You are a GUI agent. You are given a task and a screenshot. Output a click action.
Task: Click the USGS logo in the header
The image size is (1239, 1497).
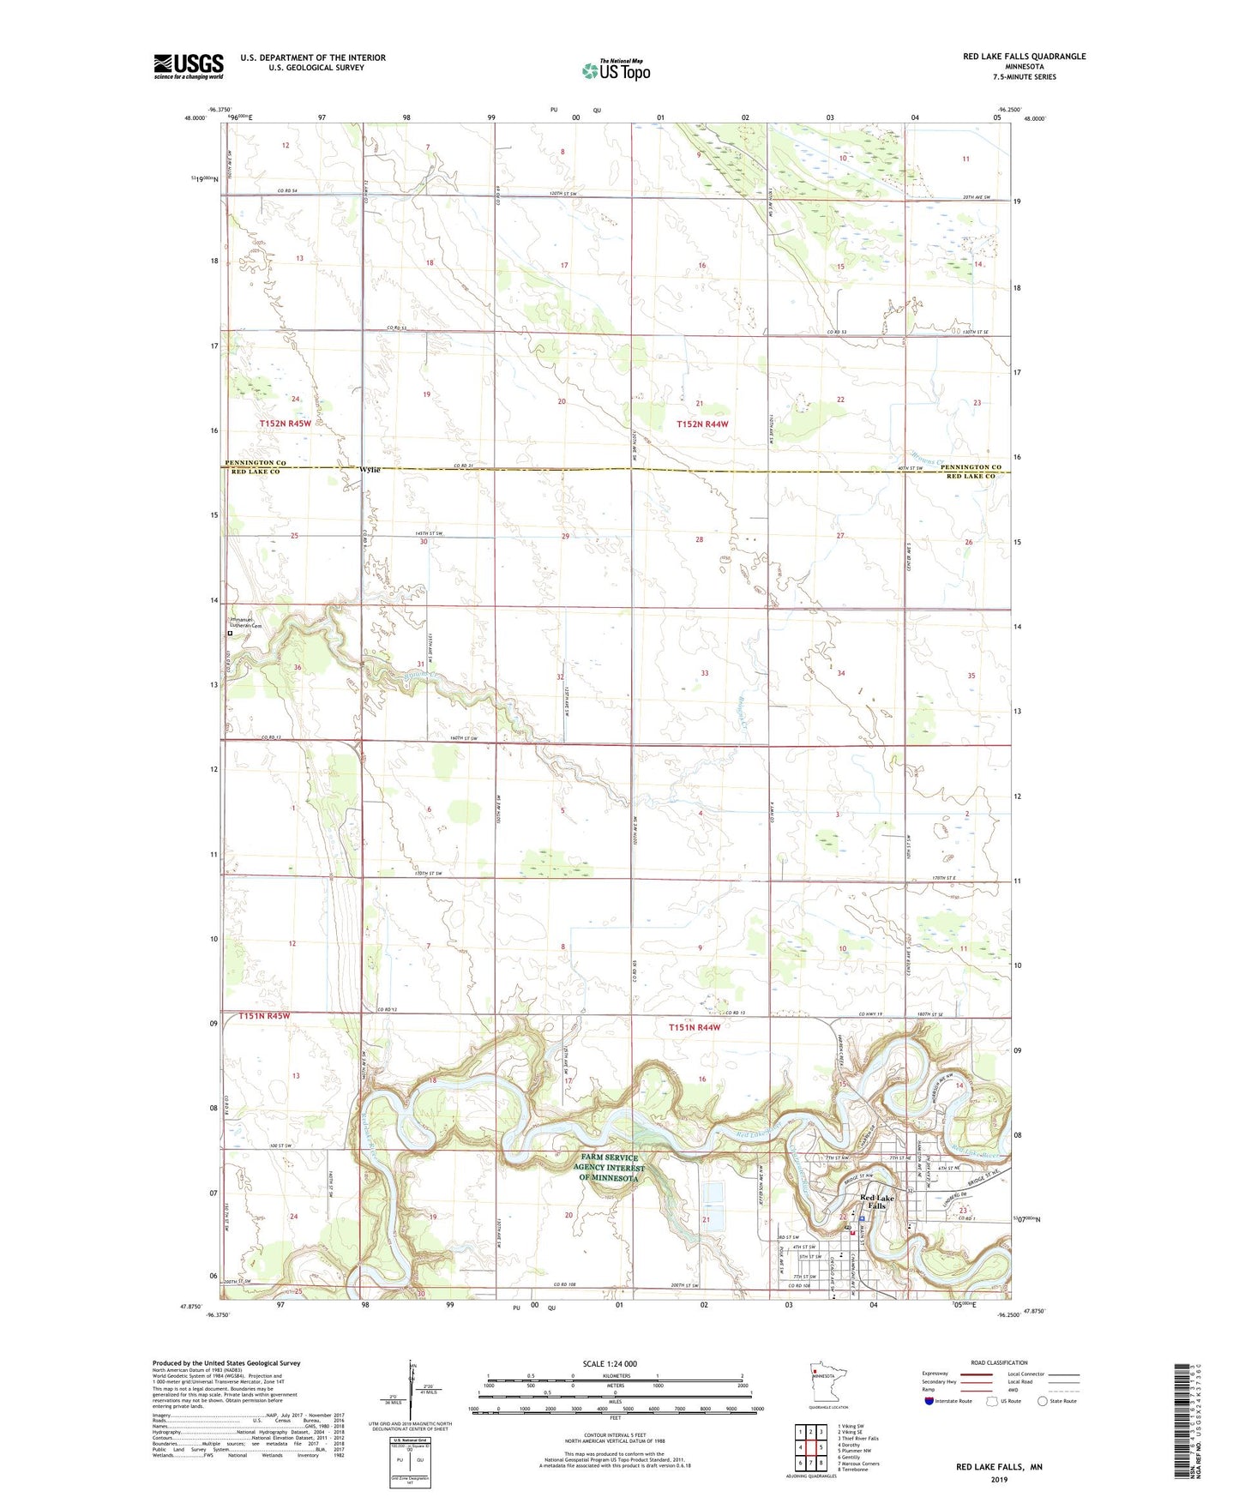(189, 65)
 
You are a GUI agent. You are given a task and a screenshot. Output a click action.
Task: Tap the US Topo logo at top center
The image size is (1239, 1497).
(616, 70)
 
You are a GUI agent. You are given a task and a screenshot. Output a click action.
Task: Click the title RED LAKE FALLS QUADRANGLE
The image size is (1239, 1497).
(1024, 57)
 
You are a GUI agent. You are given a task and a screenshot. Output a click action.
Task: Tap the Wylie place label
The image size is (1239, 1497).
(370, 470)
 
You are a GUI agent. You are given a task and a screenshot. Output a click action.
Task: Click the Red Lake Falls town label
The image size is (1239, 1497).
(877, 1201)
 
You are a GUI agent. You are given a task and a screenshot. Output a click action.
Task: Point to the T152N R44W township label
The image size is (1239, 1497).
(702, 424)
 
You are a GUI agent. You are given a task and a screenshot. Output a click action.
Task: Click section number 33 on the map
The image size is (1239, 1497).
(705, 673)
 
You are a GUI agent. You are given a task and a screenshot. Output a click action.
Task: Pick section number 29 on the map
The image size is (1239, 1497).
(565, 536)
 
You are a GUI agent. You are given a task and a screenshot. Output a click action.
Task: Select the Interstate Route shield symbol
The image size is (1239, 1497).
(930, 1401)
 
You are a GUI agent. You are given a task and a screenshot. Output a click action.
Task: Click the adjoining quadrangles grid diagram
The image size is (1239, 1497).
(810, 1450)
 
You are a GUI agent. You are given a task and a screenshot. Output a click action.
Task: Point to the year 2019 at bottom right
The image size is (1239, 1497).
(999, 1479)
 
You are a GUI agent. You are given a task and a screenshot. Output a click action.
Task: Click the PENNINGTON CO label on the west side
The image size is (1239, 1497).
(256, 463)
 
